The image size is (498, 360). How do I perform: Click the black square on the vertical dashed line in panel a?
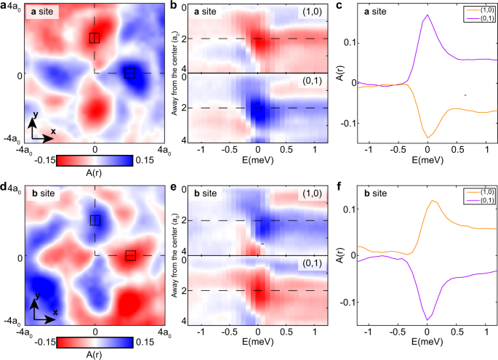coord(95,38)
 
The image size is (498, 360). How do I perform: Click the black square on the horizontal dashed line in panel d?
coord(130,255)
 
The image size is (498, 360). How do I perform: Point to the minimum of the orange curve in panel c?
coord(427,137)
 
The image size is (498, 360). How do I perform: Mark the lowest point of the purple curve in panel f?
coord(427,319)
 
